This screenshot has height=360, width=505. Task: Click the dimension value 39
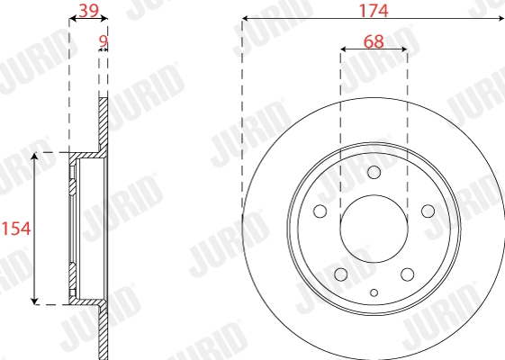coord(88,10)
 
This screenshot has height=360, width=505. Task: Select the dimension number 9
coord(103,41)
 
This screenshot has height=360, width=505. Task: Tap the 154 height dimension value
coord(16,229)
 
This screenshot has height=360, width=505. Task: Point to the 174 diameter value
coord(374,10)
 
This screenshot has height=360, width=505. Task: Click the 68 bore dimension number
coord(374,41)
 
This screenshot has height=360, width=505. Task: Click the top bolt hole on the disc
coord(374,172)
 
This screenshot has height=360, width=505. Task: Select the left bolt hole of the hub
coord(320,211)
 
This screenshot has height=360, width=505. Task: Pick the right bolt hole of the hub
coord(428,211)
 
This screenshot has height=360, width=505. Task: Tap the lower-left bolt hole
coord(341,274)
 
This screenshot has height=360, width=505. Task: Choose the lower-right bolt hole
coord(408,274)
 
